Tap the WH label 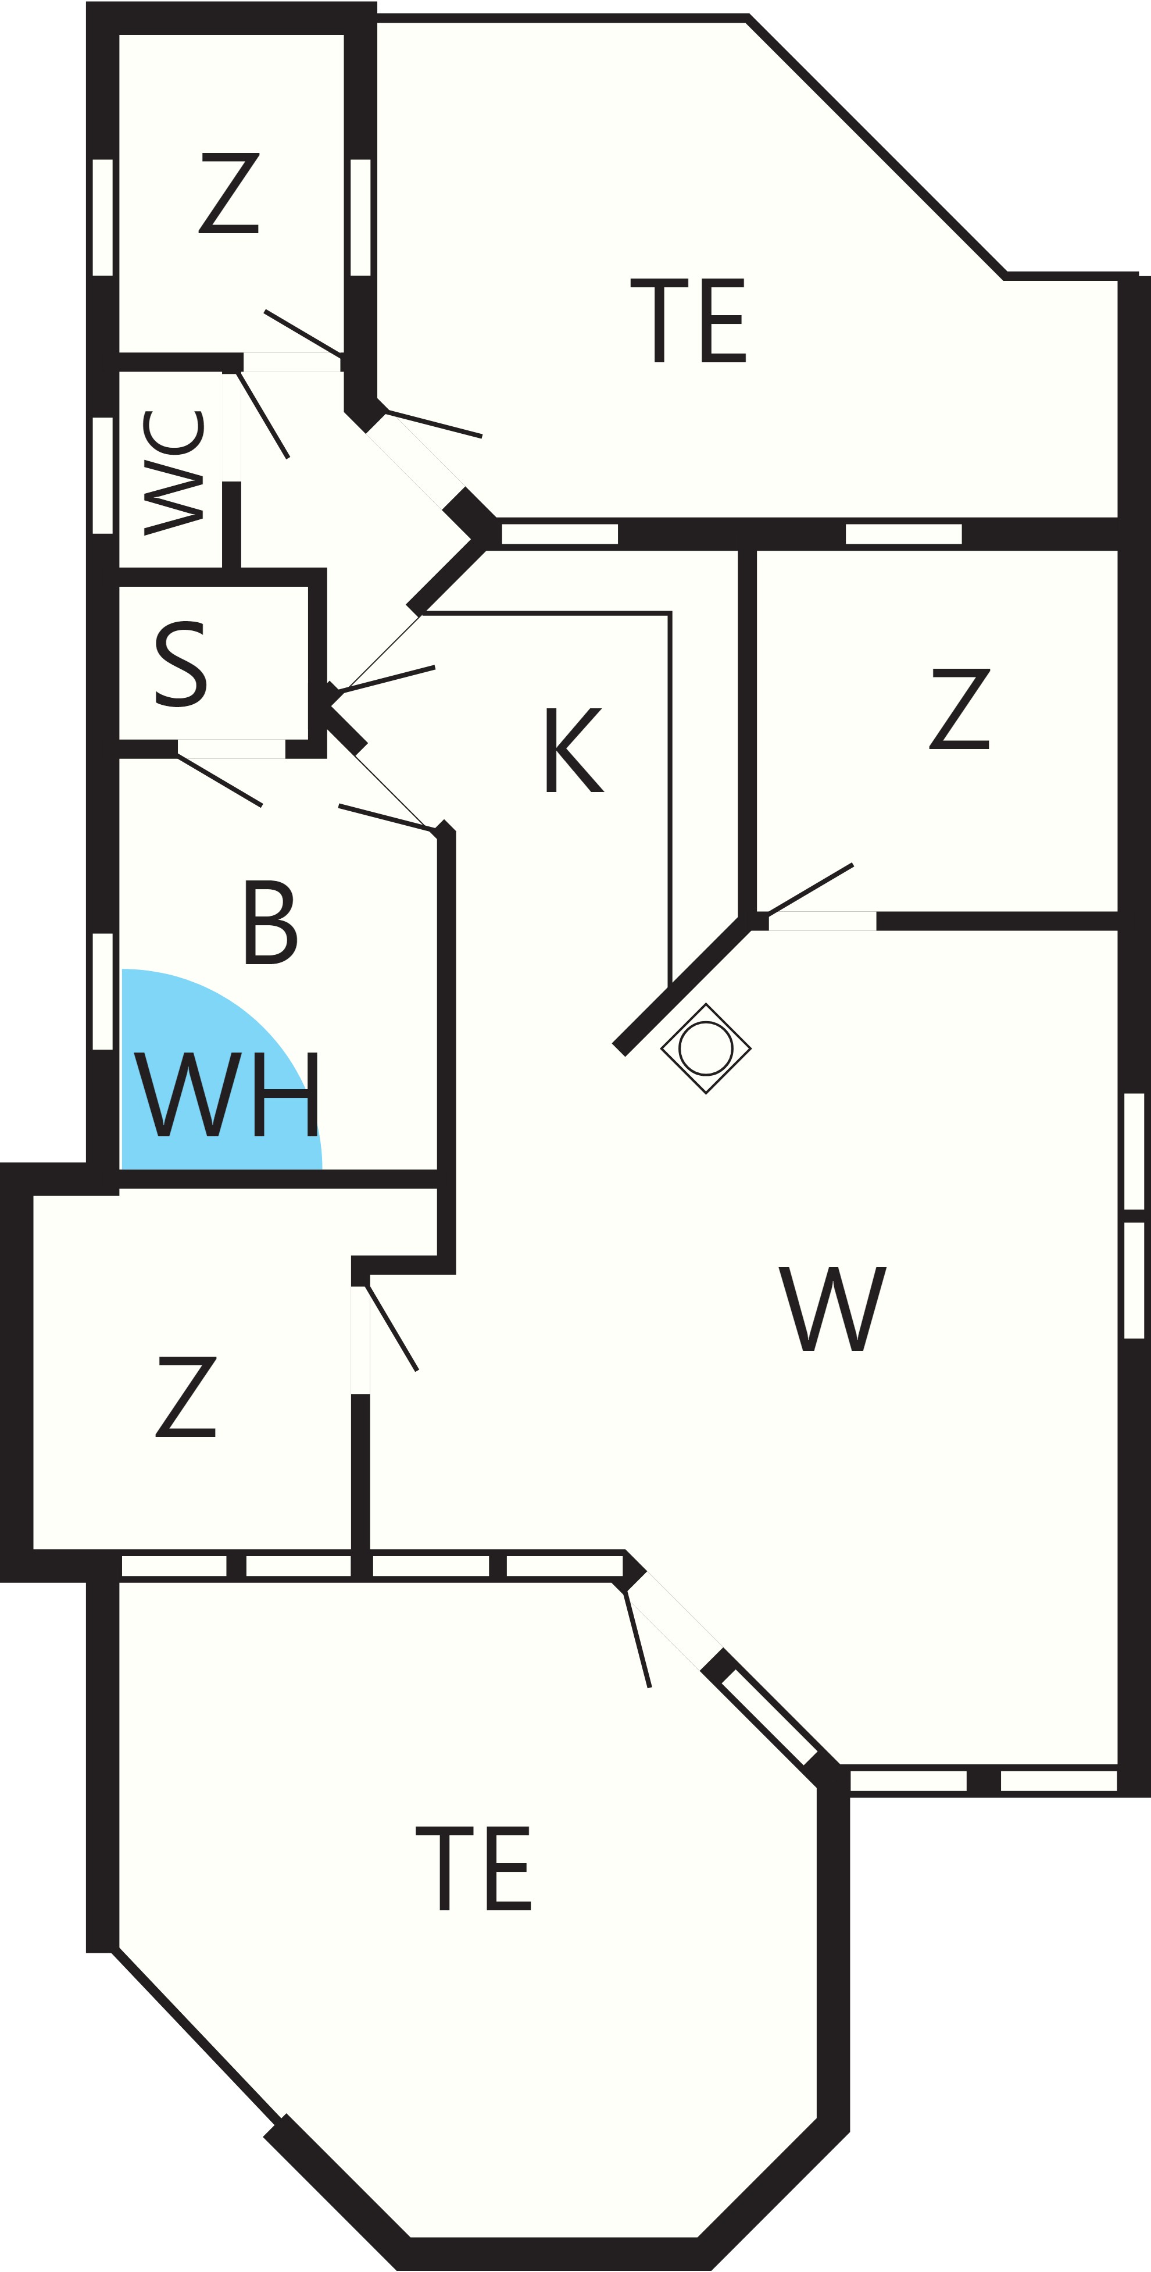click(226, 1094)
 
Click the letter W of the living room click(832, 1309)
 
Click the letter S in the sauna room click(181, 664)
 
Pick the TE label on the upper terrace click(688, 320)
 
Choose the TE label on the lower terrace click(473, 1868)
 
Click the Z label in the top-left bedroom click(228, 193)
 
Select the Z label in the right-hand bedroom click(960, 709)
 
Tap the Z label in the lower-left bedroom click(186, 1397)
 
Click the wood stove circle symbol click(706, 1048)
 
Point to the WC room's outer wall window click(102, 475)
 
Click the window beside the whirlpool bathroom click(102, 991)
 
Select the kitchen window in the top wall click(559, 534)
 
